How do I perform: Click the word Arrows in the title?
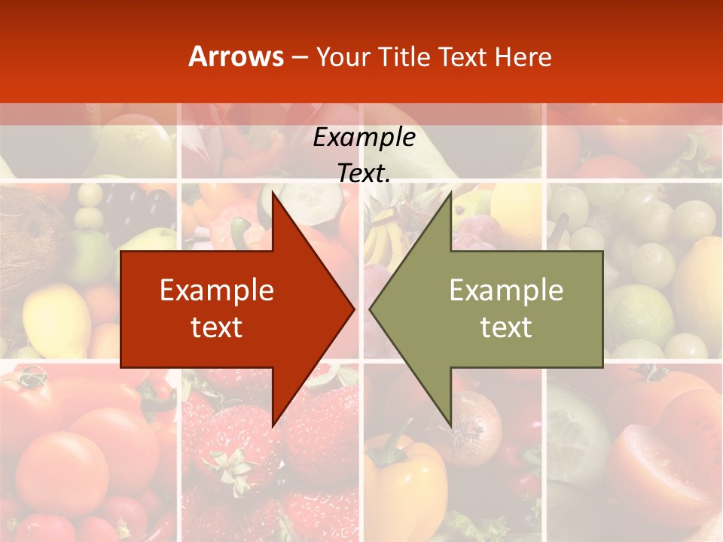tap(236, 56)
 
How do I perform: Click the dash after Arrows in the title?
tap(299, 57)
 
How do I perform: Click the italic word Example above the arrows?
tap(364, 137)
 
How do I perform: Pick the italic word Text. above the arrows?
tap(364, 173)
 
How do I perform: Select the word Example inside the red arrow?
tap(217, 290)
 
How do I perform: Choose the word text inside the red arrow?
tap(217, 327)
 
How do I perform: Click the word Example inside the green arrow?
tap(506, 290)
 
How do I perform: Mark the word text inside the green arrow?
tap(506, 327)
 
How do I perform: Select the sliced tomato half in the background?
tap(655, 459)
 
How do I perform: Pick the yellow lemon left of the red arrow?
tap(56, 320)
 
